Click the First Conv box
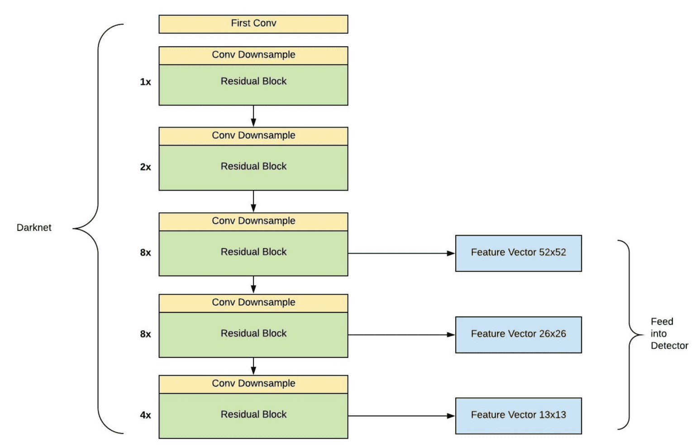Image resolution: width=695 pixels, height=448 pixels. click(x=253, y=24)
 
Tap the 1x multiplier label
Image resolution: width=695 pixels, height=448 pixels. click(x=145, y=82)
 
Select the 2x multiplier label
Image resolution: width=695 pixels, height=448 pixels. click(x=145, y=167)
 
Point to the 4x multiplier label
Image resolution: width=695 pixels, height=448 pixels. click(x=145, y=415)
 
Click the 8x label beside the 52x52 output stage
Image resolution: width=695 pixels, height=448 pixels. click(x=145, y=253)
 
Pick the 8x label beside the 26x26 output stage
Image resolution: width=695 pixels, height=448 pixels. click(x=145, y=334)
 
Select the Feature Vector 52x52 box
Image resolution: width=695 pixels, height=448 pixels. click(x=518, y=253)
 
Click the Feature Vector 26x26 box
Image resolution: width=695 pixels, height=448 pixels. click(x=518, y=334)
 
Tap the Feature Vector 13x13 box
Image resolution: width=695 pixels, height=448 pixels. click(x=518, y=415)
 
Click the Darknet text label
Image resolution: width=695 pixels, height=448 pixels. click(x=34, y=228)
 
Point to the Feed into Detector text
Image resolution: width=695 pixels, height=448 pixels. click(x=669, y=334)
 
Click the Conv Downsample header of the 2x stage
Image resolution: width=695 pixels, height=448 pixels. click(x=253, y=136)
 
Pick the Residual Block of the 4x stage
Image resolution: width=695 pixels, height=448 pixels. click(x=253, y=415)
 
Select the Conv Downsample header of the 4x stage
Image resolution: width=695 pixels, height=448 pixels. click(x=253, y=384)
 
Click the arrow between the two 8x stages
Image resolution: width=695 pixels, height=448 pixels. click(x=253, y=285)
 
